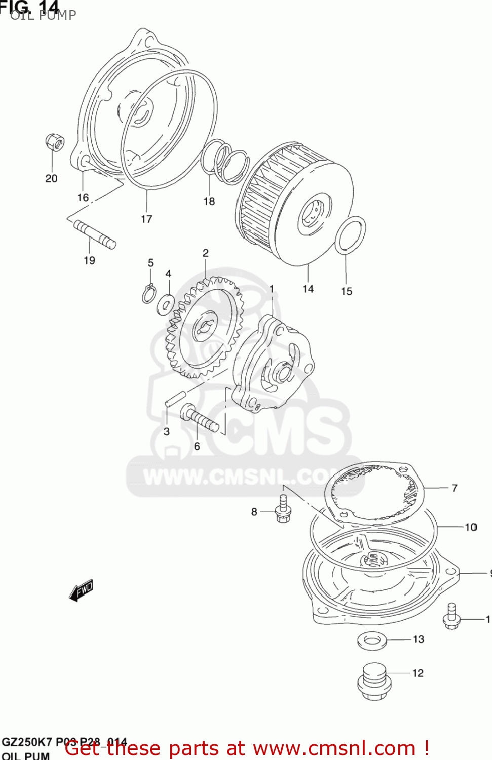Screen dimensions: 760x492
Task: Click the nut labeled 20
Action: tap(55, 142)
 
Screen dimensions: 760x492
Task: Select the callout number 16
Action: tap(83, 198)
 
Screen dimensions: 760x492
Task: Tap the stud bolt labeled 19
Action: tap(95, 234)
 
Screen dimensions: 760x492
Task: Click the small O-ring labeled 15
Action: tap(350, 235)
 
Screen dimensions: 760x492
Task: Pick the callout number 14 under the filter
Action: tap(308, 289)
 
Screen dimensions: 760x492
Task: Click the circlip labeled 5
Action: tap(148, 294)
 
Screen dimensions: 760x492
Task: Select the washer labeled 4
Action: tap(166, 303)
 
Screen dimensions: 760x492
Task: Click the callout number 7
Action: tap(455, 488)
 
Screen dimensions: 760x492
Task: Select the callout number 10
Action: tap(471, 527)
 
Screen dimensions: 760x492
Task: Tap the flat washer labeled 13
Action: tap(372, 640)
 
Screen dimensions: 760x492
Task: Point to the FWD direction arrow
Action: tap(81, 590)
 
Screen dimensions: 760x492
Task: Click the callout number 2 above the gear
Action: tap(206, 253)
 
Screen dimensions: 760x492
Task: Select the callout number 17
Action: tap(146, 219)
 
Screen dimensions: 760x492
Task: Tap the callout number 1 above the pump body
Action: tap(272, 289)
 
